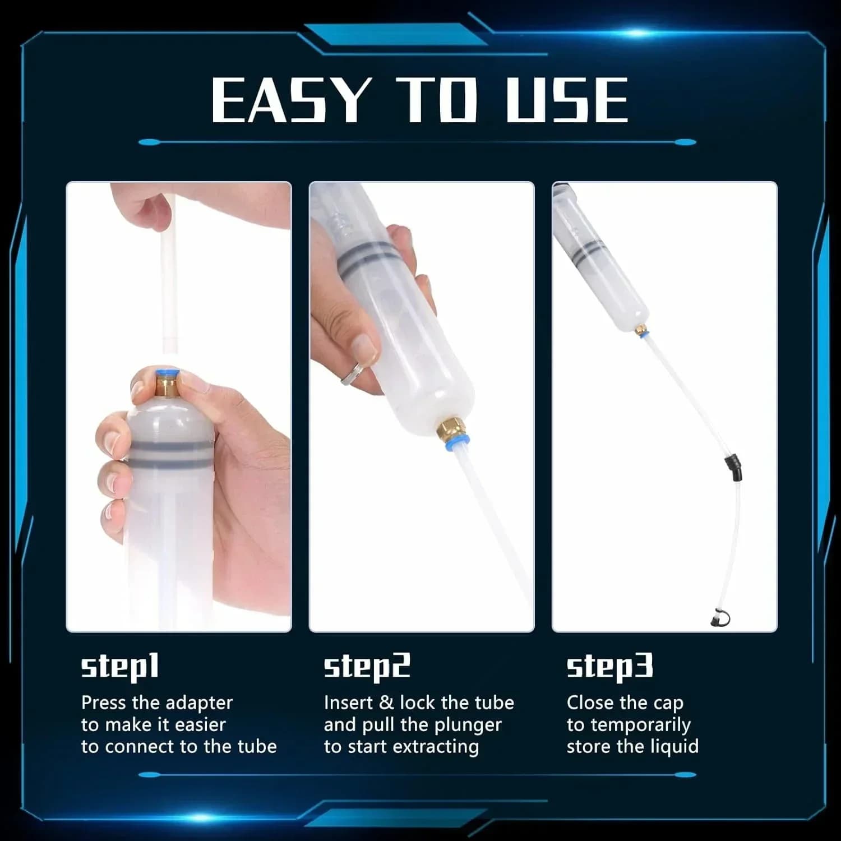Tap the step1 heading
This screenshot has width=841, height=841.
coord(120,667)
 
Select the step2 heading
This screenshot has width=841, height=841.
coord(367,667)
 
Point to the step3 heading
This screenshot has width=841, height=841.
coord(610,667)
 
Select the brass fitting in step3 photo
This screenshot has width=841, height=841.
coord(641,330)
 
